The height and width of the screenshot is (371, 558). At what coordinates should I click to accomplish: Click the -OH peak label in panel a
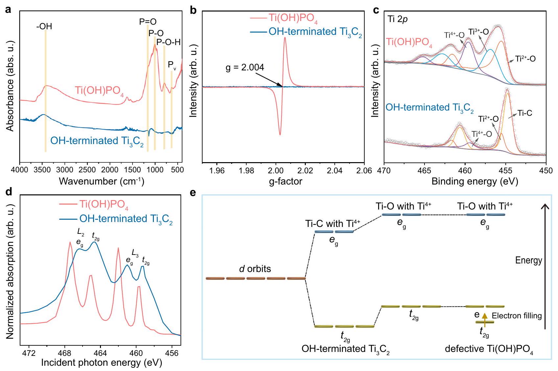[x=44, y=26]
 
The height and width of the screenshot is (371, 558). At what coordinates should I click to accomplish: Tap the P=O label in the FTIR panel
[x=148, y=22]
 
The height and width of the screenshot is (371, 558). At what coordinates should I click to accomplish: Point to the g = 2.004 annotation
[x=245, y=68]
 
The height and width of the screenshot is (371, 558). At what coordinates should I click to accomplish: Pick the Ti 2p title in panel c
[x=398, y=19]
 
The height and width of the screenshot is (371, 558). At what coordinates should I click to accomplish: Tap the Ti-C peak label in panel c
[x=524, y=113]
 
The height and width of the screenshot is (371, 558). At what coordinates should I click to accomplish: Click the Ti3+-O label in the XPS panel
[x=478, y=32]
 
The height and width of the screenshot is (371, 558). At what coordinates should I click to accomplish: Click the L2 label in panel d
[x=81, y=232]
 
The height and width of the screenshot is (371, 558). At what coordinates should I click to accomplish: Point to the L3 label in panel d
[x=135, y=253]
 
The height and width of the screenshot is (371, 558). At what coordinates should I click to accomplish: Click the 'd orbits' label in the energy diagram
[x=255, y=269]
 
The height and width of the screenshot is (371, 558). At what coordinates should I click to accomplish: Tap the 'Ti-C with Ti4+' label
[x=332, y=224]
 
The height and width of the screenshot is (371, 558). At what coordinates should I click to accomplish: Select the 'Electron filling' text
[x=517, y=316]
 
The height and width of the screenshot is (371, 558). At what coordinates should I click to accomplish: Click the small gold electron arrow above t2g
[x=484, y=318]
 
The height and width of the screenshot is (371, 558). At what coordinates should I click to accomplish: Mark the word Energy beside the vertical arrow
[x=528, y=261]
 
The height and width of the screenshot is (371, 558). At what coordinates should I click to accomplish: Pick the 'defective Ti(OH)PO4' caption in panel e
[x=489, y=349]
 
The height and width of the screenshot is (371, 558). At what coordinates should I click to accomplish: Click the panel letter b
[x=194, y=11]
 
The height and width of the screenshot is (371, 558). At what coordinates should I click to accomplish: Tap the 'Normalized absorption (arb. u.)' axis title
[x=10, y=271]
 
